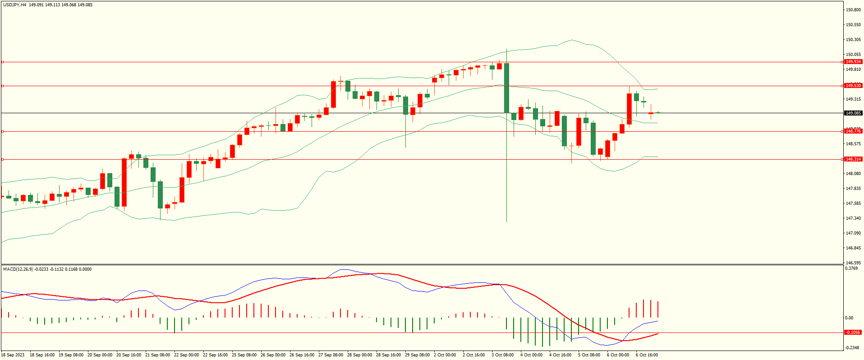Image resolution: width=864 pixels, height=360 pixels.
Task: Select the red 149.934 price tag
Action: pos(853,62)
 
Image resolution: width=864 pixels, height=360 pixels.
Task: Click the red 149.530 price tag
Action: pos(853,86)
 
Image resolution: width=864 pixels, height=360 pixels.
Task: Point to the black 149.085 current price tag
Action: pos(853,113)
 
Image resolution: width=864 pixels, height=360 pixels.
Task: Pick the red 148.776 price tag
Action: pos(853,131)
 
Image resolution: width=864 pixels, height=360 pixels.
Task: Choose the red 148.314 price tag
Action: pos(853,159)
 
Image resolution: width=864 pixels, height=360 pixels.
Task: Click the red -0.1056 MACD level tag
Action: pos(853,332)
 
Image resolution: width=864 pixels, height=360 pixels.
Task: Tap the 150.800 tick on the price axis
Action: pos(854,10)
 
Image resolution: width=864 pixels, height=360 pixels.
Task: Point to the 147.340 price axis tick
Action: pos(854,218)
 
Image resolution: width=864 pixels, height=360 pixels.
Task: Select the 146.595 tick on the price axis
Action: pos(854,263)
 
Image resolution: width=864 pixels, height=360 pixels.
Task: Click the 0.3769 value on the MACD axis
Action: pos(851,268)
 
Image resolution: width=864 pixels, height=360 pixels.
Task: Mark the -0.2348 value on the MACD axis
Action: pos(852,348)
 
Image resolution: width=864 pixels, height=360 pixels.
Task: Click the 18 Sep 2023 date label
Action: pos(13,355)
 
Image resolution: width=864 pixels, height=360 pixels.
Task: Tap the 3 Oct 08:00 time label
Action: pos(502,355)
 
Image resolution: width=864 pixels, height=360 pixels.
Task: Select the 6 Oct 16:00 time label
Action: pos(647,355)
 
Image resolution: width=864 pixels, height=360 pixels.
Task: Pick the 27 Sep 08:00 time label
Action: pos(331,355)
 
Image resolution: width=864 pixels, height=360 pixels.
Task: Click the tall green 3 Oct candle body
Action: pos(507,88)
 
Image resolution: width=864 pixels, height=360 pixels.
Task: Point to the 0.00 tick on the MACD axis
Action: pos(849,318)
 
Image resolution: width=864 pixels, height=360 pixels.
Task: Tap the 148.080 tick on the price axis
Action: pos(854,174)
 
